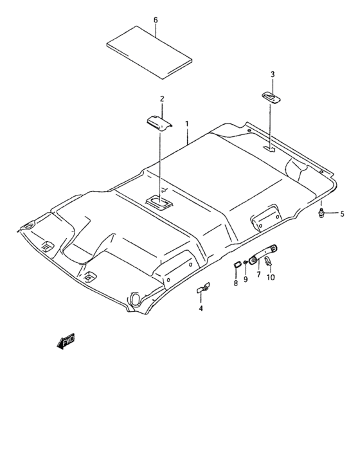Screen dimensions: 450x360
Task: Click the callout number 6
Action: tap(156, 20)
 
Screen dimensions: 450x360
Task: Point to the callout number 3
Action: tap(272, 75)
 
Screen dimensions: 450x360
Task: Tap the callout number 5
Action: tap(342, 213)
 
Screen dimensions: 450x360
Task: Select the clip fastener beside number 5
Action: tap(321, 213)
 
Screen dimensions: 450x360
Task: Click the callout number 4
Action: tap(201, 309)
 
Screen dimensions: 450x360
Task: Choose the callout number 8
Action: tap(236, 283)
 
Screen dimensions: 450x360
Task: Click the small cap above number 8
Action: tap(236, 264)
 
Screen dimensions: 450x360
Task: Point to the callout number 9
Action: tap(246, 280)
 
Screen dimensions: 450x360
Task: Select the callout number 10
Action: tap(271, 277)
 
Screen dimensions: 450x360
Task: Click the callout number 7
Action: tap(258, 274)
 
